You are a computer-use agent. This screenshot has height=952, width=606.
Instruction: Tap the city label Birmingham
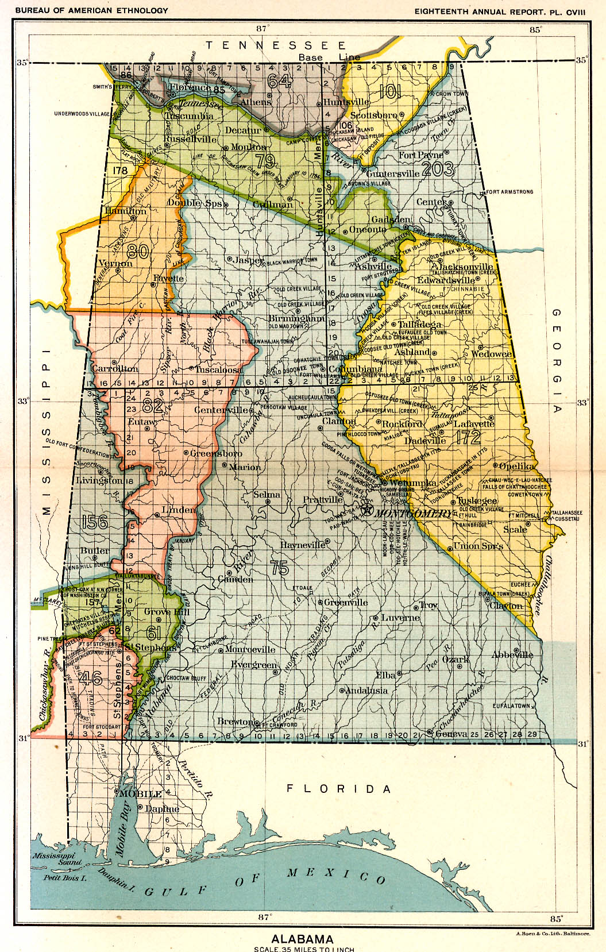click(297, 318)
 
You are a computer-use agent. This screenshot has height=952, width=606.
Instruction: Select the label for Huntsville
click(346, 102)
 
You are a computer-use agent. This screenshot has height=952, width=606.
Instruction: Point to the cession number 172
click(468, 437)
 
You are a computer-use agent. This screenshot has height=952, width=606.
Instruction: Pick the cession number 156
click(95, 522)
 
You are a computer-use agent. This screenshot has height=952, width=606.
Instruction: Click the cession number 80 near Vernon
click(138, 250)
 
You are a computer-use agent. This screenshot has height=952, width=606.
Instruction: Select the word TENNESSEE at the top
click(276, 45)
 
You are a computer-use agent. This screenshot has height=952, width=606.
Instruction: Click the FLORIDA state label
click(339, 788)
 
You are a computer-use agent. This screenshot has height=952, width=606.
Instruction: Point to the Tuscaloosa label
click(218, 369)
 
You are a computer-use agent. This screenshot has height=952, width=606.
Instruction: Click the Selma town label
click(267, 494)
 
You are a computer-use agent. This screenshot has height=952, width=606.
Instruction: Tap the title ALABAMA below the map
click(302, 939)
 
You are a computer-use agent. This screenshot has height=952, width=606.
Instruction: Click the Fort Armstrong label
click(509, 192)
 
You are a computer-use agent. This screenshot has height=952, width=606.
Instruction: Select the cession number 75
click(279, 568)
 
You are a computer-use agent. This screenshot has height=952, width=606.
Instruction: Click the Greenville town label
click(346, 602)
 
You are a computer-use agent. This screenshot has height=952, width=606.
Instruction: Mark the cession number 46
click(91, 678)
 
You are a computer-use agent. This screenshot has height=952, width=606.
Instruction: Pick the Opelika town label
click(517, 466)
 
